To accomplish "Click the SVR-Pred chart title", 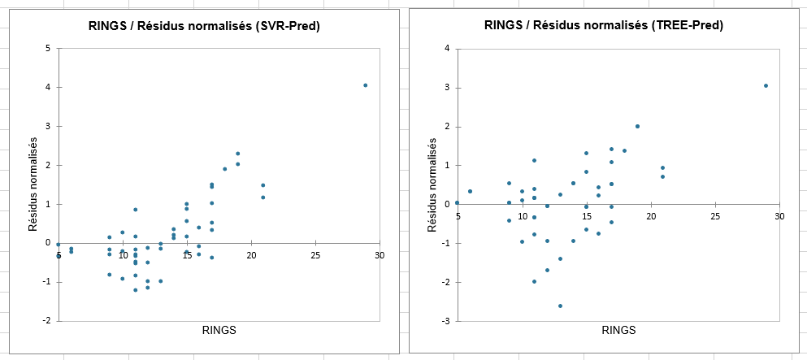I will click(x=203, y=26).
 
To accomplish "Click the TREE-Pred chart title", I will click(x=603, y=25).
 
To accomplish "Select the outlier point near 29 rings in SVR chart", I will click(x=366, y=85).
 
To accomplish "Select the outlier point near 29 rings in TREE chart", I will click(x=766, y=85).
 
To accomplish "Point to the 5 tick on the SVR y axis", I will click(x=48, y=48).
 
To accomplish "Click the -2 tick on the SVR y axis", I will click(x=46, y=321).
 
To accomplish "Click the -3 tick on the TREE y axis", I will click(x=446, y=321).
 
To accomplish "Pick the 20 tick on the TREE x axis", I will click(x=650, y=216).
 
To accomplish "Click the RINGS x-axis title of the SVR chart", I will click(x=219, y=330).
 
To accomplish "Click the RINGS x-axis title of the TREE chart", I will click(x=618, y=330).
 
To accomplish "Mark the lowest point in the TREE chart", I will click(x=560, y=306).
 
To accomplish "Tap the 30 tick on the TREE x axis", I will click(x=779, y=216).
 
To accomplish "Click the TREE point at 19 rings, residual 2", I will click(x=637, y=126).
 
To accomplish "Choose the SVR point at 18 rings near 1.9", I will click(x=224, y=169).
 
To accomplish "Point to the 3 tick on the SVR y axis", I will click(x=48, y=126).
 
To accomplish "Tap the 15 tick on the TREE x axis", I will click(x=586, y=216).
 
